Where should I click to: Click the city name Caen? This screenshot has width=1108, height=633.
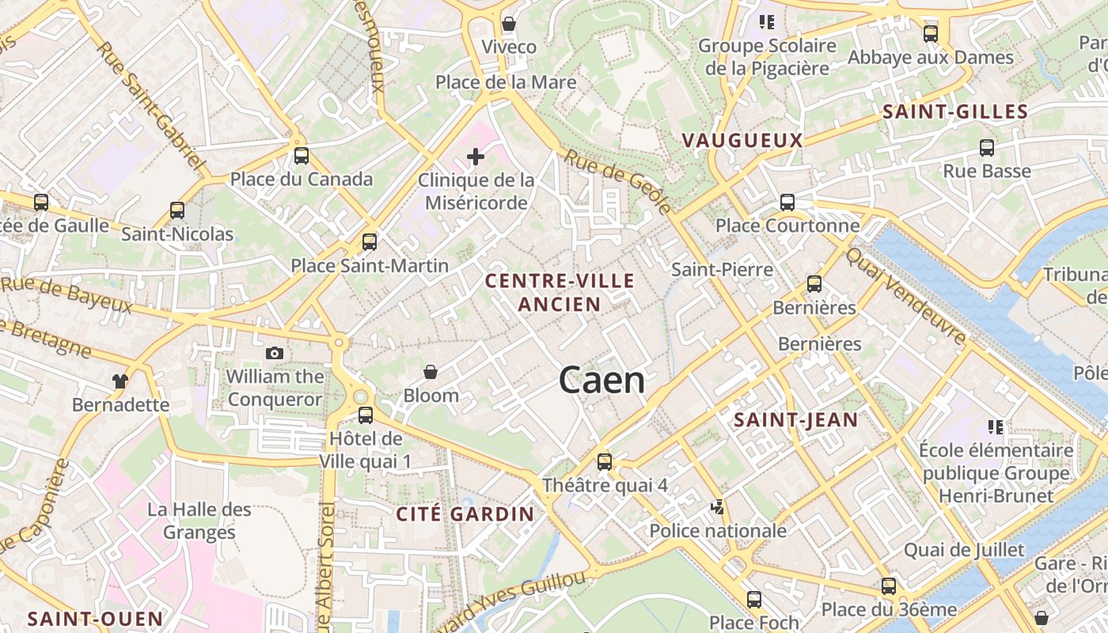[x=601, y=381]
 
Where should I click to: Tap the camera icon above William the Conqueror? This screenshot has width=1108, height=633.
[x=275, y=353]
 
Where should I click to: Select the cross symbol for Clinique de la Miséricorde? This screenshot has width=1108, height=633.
[x=475, y=157]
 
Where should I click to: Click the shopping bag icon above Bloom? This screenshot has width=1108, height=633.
[x=431, y=371]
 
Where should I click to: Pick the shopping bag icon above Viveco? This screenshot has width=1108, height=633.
[x=509, y=24]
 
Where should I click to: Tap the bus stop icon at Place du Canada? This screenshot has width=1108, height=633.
[x=301, y=155]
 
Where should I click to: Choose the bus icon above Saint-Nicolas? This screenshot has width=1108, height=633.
[x=177, y=210]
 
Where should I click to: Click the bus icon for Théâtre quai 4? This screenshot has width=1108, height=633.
[x=605, y=461]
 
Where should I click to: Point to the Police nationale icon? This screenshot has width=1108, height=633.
[x=718, y=507]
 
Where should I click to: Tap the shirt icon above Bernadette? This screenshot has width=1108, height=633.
[x=120, y=381]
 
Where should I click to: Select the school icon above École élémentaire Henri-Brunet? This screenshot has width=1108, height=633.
[x=996, y=427]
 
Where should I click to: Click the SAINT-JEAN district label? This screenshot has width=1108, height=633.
[x=795, y=420]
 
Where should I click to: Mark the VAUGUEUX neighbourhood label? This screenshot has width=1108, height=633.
[x=742, y=141]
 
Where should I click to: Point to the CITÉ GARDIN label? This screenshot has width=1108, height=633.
[x=465, y=514]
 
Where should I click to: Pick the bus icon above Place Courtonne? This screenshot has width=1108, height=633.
[x=787, y=202]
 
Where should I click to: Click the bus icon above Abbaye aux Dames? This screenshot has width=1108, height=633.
[x=931, y=34]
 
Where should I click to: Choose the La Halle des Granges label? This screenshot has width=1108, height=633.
[x=199, y=521]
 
